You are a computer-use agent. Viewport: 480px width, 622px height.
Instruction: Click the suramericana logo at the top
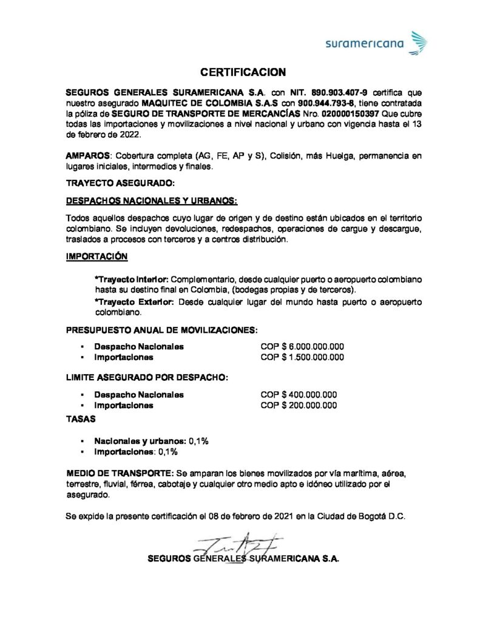376,43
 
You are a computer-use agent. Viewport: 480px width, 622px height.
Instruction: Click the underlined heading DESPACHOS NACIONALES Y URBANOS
152,200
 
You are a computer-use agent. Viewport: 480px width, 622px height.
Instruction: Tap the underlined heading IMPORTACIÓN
96,256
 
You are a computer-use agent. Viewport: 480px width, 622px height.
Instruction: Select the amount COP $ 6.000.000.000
302,346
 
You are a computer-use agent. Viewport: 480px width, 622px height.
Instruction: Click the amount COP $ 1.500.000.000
302,357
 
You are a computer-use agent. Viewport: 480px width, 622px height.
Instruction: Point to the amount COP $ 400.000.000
298,394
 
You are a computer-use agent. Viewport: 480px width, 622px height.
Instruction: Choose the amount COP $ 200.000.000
298,405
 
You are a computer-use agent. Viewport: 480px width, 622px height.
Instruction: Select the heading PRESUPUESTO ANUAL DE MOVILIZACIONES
162,330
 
